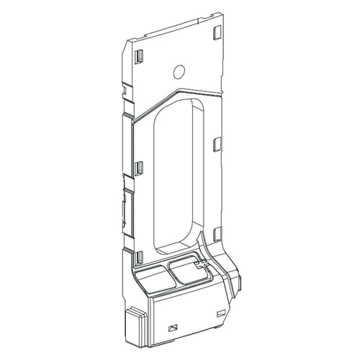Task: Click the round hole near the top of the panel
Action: (180, 72)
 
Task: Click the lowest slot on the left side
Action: (140, 256)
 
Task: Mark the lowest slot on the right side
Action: (215, 233)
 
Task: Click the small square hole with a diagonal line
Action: (172, 326)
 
